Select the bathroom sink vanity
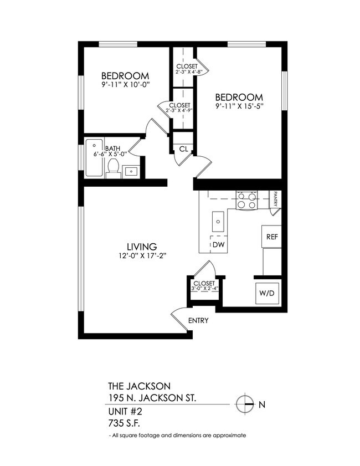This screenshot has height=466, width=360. pos(131,171)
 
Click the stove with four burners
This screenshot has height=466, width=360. pos(246,200)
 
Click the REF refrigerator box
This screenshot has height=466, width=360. pos(271,237)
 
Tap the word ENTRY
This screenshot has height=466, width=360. pos(198,321)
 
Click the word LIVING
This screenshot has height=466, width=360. pos(142,247)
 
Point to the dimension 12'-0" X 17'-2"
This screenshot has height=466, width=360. pos(142,255)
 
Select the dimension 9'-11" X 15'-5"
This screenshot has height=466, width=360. pos(239,105)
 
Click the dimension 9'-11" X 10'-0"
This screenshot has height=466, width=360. pos(126,84)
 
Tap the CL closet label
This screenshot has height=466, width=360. pos(183,148)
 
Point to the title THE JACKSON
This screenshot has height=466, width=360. pos(138,386)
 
